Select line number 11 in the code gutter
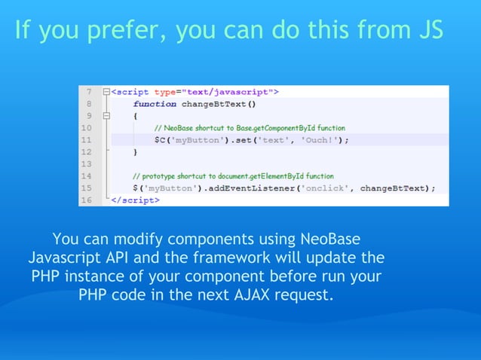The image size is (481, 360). [88, 139]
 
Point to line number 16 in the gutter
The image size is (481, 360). [88, 200]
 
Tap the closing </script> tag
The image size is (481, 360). [136, 200]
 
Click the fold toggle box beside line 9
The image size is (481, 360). [106, 116]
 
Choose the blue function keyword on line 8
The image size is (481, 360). [155, 104]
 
